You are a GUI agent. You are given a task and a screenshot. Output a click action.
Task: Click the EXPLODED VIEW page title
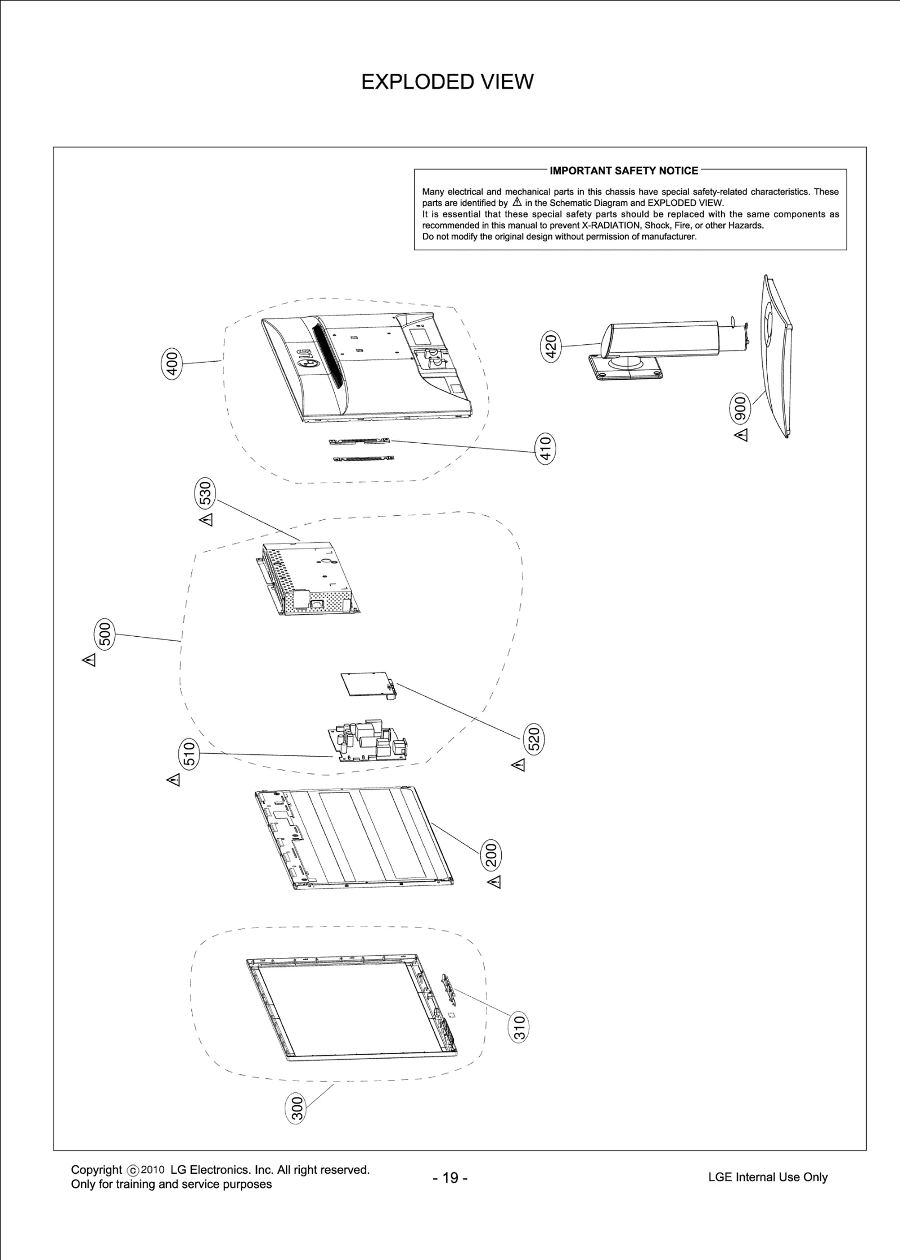tap(447, 82)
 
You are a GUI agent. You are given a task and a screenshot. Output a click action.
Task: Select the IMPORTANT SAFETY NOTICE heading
tap(624, 170)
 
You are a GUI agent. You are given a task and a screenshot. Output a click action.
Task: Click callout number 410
tap(545, 448)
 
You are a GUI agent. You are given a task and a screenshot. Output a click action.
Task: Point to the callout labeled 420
tap(551, 346)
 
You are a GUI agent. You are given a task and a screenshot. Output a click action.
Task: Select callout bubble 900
tap(741, 408)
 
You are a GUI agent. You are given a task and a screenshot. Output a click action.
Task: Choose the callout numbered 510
tap(190, 754)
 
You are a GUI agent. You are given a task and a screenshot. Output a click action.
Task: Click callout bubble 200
tap(490, 855)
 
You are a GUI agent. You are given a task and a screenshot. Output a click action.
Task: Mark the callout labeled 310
tap(520, 1028)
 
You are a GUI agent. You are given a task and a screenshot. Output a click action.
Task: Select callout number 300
tap(297, 1109)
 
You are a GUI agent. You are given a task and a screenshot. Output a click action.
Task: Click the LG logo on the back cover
tap(308, 358)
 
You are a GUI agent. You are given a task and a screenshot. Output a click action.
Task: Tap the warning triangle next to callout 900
tap(742, 435)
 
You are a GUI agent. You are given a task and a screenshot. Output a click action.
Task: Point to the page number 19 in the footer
tap(450, 1178)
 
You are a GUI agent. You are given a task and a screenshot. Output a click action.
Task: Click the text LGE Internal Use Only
tap(767, 1177)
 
